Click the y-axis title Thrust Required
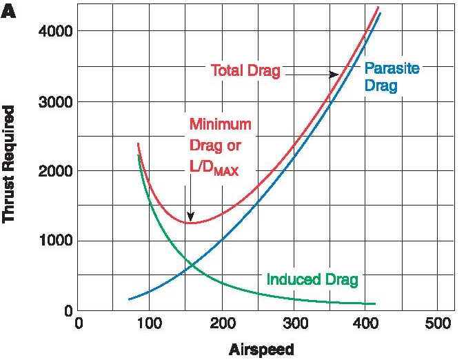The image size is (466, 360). [x=9, y=163]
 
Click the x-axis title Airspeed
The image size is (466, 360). [x=261, y=349]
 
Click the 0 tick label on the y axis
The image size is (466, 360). [x=68, y=311]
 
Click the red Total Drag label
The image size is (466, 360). [x=245, y=71]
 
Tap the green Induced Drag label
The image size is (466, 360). [x=312, y=279]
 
